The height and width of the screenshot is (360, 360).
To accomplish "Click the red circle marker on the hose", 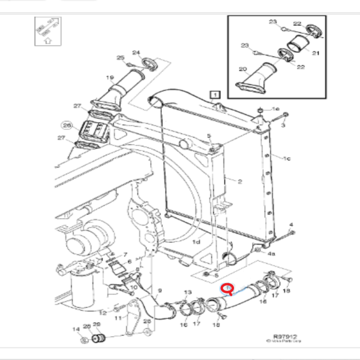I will click(227, 289).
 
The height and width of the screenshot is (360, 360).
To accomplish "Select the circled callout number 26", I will click(67, 126).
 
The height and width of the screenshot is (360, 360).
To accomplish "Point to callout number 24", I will click(136, 53).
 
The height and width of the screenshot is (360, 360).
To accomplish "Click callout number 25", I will click(120, 58).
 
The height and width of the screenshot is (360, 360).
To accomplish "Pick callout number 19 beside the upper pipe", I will click(110, 78).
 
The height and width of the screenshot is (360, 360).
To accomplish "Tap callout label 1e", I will click(276, 109).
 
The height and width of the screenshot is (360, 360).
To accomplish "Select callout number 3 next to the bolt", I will click(283, 126).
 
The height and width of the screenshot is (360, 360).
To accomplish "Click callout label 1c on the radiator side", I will click(287, 158).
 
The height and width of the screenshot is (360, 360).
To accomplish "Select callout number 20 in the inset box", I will click(242, 70).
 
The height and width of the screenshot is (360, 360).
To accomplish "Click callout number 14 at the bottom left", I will click(76, 329).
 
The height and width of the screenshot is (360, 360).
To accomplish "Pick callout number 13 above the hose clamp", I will click(187, 292).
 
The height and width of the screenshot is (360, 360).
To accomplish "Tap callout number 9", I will click(160, 291).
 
